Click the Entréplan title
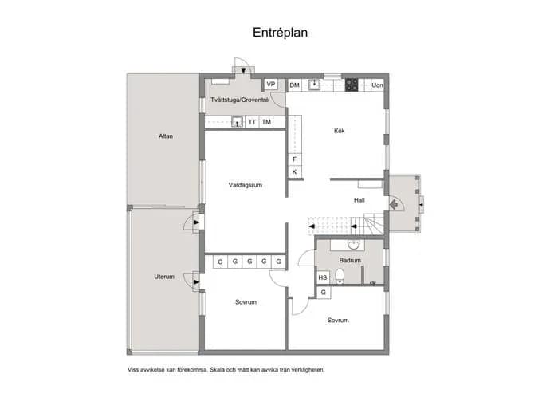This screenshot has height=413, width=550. pos(280,33)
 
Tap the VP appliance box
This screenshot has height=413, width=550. pos(271,85)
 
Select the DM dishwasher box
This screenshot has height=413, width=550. pos(295,85)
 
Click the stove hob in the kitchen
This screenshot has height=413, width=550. pos(352,85)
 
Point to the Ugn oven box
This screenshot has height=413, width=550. pos(377,85)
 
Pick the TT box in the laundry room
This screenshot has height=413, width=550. pos(252,122)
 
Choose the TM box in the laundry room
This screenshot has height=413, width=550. pos(266,122)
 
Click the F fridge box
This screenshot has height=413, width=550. pos(295,159)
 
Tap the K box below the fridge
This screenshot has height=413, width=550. pos(295,171)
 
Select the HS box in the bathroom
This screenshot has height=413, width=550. pos(323,277)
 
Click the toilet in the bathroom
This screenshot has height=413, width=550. pos(340,276)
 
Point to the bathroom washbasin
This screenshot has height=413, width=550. pos(353,245)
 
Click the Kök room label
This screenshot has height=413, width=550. pos(340,131)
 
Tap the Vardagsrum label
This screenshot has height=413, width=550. pos(246,185)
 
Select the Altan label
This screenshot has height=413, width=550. pos(166,136)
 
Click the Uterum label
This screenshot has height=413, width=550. pos(164,277)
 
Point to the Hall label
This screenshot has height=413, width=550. pos(359,200)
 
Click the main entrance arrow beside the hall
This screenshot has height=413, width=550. pos(394,204)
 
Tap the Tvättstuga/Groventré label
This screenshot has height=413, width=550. pos(240,100)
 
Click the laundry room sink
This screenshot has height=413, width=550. pos(238,122)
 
